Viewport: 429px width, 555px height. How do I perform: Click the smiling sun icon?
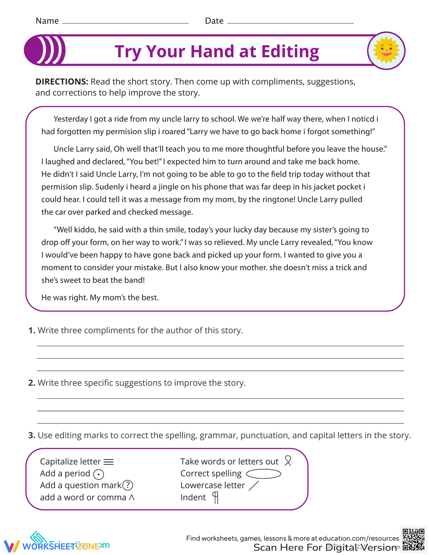(386, 51)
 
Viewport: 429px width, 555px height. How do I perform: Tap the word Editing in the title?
(290, 52)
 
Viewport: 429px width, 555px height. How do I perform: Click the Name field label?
(47, 21)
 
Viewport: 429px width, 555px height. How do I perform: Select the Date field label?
(214, 21)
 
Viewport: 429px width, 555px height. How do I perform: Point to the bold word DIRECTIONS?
(62, 81)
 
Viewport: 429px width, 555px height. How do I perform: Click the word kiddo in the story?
(86, 230)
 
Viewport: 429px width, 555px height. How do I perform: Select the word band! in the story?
(134, 280)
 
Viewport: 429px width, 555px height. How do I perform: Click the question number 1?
(31, 330)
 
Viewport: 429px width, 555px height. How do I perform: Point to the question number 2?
(31, 383)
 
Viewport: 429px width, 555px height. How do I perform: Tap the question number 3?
(31, 435)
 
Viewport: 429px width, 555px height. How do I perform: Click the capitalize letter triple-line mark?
(109, 462)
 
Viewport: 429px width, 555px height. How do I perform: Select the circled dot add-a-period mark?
(99, 474)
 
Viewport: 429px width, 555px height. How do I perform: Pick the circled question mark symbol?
(128, 486)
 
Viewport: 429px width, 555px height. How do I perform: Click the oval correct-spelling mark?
(263, 474)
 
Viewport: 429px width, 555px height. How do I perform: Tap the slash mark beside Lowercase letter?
(254, 486)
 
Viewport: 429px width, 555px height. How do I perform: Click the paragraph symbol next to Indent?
(215, 498)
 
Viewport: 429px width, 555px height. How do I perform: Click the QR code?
(414, 539)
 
